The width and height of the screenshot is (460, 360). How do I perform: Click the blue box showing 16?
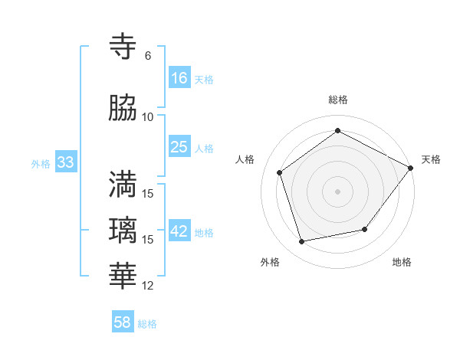coord(179,78)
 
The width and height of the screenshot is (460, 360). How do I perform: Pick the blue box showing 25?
coord(179,147)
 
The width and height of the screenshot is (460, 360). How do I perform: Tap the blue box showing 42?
coord(179,231)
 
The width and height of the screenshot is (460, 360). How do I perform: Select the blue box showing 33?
coord(65,162)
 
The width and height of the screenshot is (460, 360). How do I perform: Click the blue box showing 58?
coord(123,322)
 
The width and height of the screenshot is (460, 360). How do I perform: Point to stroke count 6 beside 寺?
coord(148,56)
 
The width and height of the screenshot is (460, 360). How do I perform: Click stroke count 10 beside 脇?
coord(148,117)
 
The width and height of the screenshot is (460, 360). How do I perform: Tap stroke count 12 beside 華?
coord(148,286)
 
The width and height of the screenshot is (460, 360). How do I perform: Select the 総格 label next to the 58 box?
coord(147,324)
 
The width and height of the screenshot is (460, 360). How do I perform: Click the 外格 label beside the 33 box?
coord(41,163)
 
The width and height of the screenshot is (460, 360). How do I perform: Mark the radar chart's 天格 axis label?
coord(431,159)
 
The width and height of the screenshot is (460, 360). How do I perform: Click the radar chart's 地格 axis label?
coord(402,262)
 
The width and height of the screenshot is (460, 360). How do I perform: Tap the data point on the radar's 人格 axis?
coord(280,173)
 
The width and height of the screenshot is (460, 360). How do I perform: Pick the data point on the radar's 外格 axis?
coord(302,242)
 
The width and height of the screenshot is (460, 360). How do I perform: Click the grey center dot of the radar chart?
coord(337,191)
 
